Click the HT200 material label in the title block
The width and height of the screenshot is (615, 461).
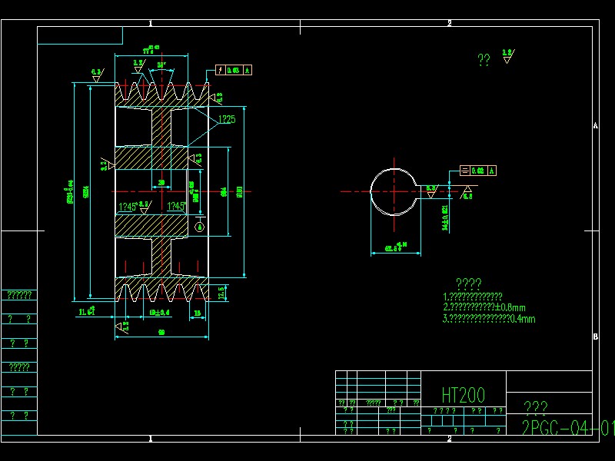point(463,395)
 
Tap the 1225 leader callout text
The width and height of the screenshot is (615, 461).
point(226,119)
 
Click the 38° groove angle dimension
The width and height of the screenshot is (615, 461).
point(161,65)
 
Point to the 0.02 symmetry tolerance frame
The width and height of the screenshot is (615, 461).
point(477,171)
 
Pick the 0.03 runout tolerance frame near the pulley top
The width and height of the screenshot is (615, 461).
point(235,71)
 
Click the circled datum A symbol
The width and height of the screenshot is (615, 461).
point(201,226)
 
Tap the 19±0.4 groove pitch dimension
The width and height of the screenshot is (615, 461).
point(159,313)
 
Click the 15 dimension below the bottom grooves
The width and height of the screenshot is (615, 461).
point(197,313)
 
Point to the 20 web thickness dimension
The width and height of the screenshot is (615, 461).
point(161,183)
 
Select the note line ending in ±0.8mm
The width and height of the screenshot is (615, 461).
point(485,307)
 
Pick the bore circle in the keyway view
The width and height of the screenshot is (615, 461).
point(394,191)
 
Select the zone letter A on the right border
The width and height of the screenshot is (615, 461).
point(595,126)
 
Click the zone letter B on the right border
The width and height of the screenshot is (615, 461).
point(595,337)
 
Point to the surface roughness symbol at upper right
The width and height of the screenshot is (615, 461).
point(507,56)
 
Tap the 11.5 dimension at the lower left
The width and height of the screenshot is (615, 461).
point(86,312)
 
